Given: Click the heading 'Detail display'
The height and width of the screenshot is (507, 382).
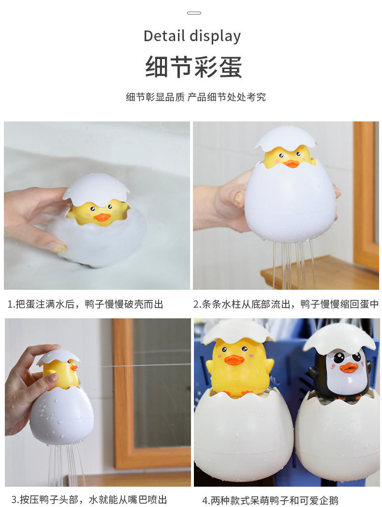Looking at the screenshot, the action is point(192,36).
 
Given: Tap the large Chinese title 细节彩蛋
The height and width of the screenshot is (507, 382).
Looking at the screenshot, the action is point(193,67).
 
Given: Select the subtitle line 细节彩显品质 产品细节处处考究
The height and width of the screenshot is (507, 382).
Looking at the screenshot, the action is point(195,97).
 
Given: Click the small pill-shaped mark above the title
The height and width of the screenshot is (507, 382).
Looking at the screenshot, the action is point(194,13).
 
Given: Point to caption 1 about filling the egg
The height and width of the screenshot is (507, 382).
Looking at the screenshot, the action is point(85,304).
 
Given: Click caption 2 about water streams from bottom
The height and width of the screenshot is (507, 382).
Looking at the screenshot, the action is point(286,304).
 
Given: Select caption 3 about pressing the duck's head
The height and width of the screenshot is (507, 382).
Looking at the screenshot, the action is point(89,499).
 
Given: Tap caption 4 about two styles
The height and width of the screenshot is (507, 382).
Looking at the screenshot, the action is point(270,500).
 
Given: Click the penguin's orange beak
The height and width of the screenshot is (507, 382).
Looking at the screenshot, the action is point(349,368).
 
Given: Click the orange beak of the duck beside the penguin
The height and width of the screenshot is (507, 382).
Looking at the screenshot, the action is point(235,359).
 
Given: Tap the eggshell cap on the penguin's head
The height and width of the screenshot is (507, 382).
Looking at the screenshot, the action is point(340,338).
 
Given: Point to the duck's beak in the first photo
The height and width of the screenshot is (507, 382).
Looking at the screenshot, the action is point(102,217).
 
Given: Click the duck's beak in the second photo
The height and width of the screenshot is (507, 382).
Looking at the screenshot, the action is point(291,164).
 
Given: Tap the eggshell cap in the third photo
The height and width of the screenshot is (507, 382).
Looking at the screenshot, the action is point(58,358).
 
